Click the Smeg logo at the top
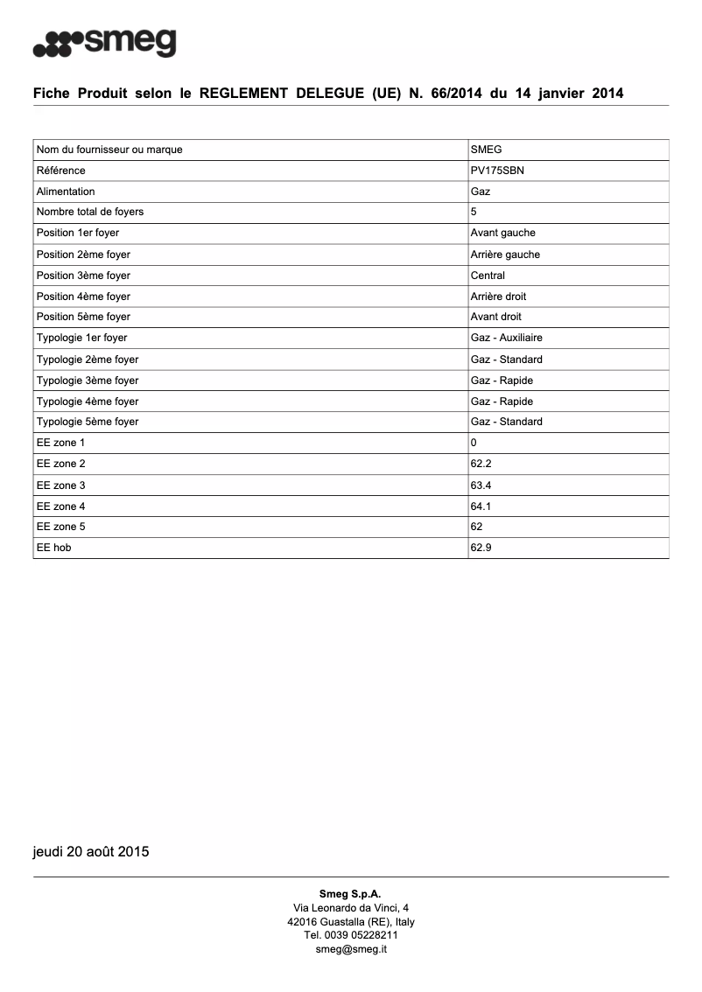[x=104, y=42]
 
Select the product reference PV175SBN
[x=497, y=171]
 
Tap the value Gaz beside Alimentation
[x=481, y=192]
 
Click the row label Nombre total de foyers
[x=90, y=213]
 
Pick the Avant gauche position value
[x=502, y=234]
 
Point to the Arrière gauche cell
[x=505, y=255]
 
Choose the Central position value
[x=488, y=276]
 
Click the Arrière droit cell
[x=498, y=297]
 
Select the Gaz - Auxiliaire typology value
[x=512, y=338]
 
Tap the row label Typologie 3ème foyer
[x=88, y=381]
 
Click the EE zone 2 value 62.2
[x=481, y=464]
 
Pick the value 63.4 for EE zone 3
[x=481, y=485]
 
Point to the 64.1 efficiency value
[x=481, y=506]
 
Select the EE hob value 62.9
[x=481, y=548]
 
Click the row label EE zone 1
[x=61, y=443]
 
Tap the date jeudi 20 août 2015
[x=91, y=851]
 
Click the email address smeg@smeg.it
[x=351, y=948]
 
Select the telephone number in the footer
[x=351, y=935]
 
